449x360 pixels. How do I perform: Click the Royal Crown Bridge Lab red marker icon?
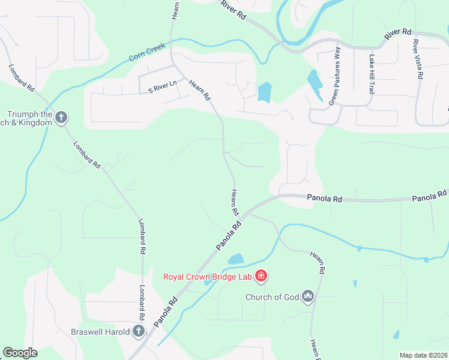[261, 276]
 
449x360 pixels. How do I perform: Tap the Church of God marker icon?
[309, 296]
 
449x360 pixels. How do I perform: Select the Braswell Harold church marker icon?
[139, 331]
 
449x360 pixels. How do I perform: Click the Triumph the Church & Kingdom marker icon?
[61, 118]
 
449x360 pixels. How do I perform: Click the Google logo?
[20, 353]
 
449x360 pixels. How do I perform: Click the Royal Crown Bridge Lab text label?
[208, 277]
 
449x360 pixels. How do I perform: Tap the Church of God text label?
[271, 296]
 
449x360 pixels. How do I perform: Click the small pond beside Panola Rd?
[235, 260]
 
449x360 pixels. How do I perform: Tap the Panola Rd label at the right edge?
[430, 196]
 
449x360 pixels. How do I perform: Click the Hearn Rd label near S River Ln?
[200, 90]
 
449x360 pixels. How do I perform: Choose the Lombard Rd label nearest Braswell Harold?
[143, 303]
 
